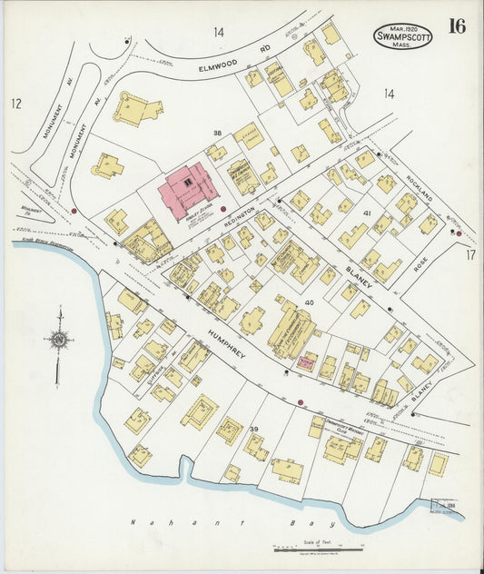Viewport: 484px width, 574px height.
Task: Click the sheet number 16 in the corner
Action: click(456, 25)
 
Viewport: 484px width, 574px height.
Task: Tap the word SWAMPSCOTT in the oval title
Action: click(402, 37)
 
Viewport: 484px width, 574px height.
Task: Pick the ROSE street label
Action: click(420, 263)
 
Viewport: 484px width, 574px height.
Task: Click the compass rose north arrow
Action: click(59, 341)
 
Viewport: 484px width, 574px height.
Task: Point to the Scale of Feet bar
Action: click(319, 549)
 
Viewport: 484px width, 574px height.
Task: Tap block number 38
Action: click(217, 134)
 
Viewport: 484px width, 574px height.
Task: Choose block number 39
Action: click(254, 429)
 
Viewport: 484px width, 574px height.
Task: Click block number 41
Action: click(368, 213)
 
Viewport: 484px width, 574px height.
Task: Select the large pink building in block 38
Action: click(188, 190)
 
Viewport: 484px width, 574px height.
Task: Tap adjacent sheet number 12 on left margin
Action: click(15, 104)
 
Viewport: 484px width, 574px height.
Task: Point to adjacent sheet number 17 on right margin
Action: click(470, 255)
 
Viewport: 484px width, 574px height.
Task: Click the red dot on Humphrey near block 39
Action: click(300, 401)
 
